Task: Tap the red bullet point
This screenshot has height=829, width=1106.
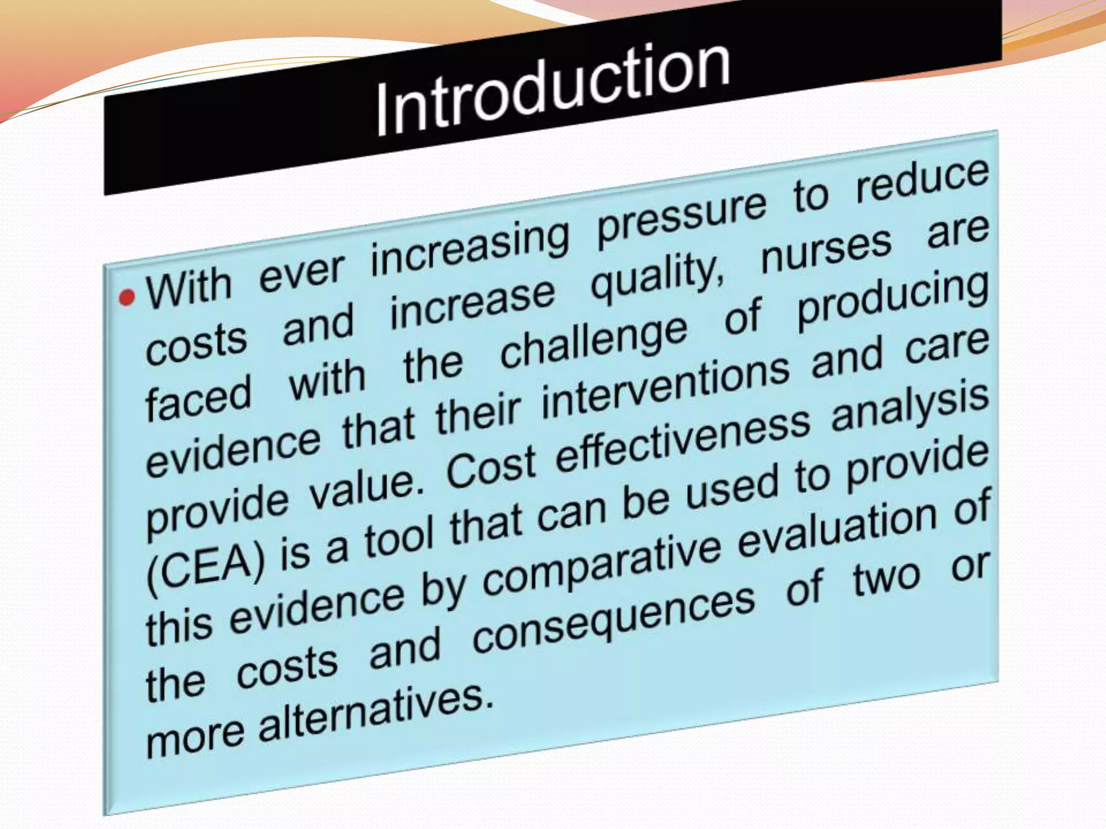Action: pyautogui.click(x=127, y=297)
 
